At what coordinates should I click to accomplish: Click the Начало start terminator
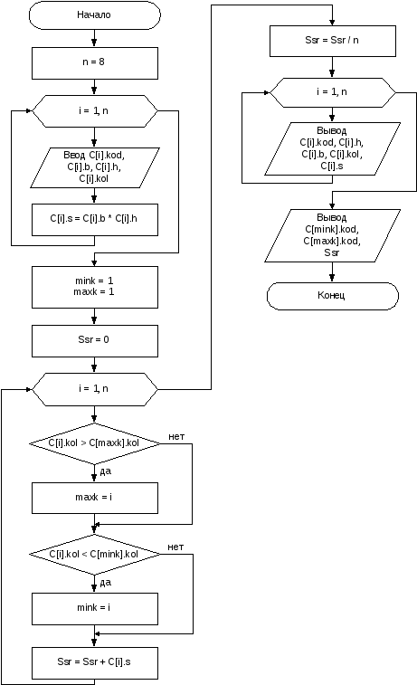click(x=94, y=14)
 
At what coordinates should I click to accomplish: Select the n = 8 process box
click(x=95, y=63)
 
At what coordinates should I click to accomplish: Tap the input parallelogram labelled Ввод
click(x=95, y=167)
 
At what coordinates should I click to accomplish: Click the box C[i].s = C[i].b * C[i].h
click(x=95, y=220)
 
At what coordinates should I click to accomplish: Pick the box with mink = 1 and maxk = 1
click(x=95, y=287)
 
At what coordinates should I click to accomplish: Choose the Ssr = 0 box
click(x=95, y=341)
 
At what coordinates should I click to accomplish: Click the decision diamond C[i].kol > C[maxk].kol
click(x=95, y=443)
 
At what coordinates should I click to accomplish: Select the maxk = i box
click(x=95, y=498)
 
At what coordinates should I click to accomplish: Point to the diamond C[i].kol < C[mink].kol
click(x=95, y=555)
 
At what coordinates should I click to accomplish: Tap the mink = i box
click(x=95, y=609)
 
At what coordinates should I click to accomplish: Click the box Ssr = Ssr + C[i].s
click(x=95, y=662)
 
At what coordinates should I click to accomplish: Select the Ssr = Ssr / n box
click(x=333, y=41)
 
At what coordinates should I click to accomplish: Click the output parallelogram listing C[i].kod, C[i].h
click(x=332, y=149)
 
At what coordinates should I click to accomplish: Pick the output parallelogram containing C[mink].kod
click(x=332, y=236)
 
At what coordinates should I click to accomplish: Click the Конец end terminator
click(x=333, y=296)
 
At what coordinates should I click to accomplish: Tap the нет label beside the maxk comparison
click(x=176, y=436)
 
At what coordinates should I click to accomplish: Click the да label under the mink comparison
click(x=106, y=583)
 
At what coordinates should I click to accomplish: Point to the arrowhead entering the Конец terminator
click(x=332, y=279)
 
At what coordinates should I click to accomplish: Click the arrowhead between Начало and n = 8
click(x=94, y=43)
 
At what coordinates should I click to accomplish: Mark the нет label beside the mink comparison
click(x=175, y=547)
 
